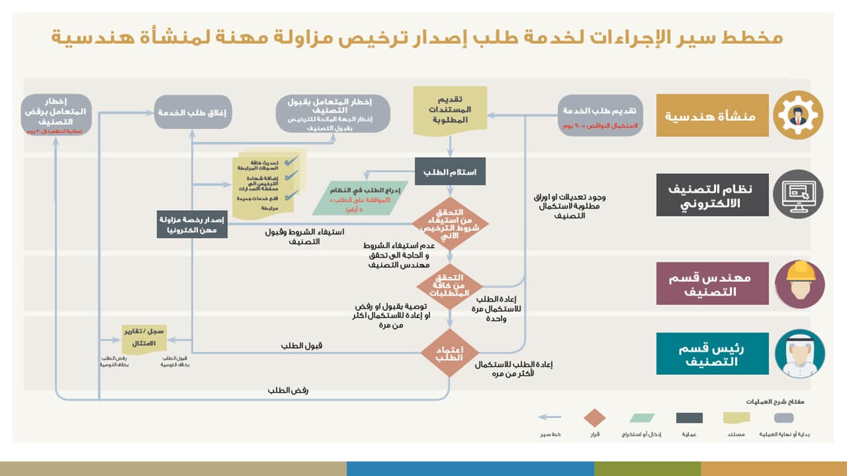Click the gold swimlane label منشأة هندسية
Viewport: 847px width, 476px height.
[x=712, y=116]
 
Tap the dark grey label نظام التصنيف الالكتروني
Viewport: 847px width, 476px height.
[x=712, y=194]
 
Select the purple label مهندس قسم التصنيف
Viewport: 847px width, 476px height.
[x=712, y=284]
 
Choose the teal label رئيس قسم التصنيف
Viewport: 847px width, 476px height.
[x=712, y=354]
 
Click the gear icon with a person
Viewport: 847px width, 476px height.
[x=799, y=115]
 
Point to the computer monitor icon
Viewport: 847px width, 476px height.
[x=799, y=194]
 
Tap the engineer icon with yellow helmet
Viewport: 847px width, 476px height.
[x=799, y=284]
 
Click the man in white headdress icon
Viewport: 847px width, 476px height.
[x=799, y=354]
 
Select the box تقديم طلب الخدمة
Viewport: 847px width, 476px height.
[x=600, y=115]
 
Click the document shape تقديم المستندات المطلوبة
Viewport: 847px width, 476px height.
[x=450, y=110]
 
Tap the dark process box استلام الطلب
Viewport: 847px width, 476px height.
[x=450, y=172]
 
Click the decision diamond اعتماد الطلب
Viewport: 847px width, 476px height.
[x=450, y=353]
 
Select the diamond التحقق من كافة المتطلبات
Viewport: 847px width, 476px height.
[x=450, y=285]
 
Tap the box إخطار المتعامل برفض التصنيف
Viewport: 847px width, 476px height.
[x=56, y=114]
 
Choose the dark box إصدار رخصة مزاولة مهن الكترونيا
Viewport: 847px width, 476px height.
[x=193, y=224]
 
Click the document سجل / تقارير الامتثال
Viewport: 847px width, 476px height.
[x=144, y=337]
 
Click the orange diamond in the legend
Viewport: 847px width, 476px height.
[x=594, y=418]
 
